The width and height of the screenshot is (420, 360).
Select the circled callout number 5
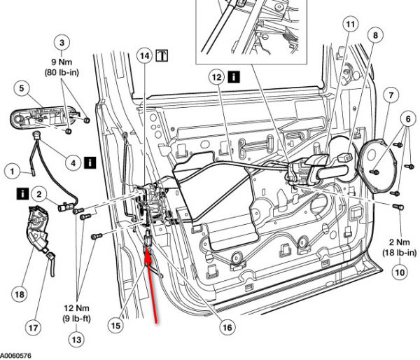coord(22,88)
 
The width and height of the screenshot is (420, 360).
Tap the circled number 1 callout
coord(11,169)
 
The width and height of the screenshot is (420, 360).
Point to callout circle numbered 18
coord(19,295)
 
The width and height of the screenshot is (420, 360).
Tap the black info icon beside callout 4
coord(90,162)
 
